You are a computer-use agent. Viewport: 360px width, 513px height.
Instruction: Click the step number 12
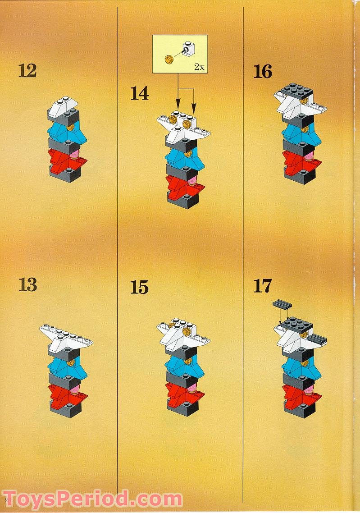point(27,71)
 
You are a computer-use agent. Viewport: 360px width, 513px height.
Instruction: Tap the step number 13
point(27,284)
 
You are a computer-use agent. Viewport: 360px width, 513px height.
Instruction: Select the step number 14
point(140,93)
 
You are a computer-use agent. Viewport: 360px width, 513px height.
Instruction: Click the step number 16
point(263,72)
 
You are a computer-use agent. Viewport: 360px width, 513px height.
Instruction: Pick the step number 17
point(263,286)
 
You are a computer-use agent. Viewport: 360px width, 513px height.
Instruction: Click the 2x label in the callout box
point(199,67)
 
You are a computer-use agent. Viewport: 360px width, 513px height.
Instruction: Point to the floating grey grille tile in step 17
point(282,305)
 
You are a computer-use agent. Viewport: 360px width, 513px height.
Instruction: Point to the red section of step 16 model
point(302,162)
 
